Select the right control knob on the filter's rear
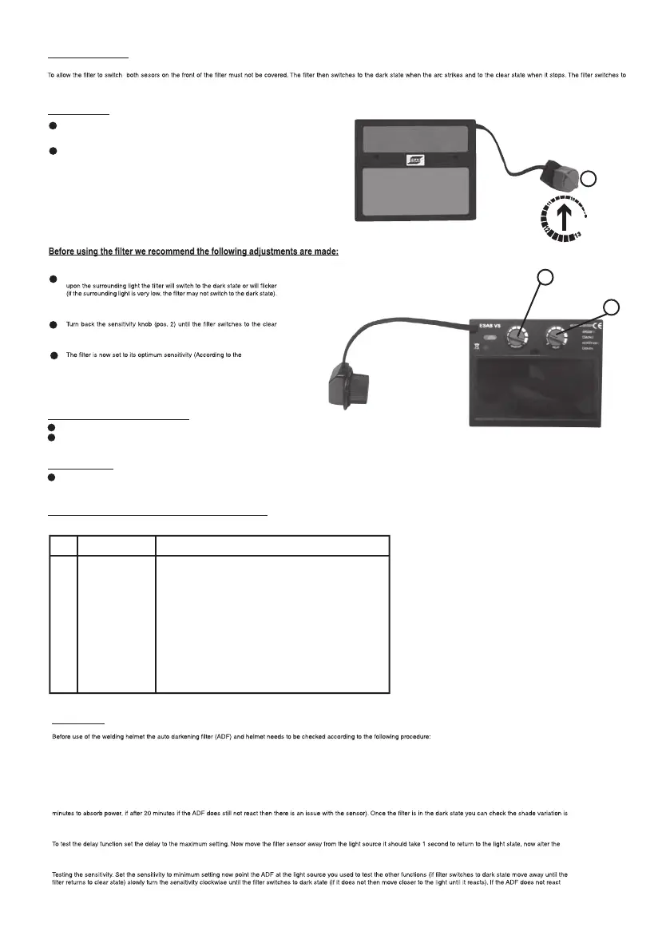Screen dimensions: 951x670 tap(554, 339)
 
